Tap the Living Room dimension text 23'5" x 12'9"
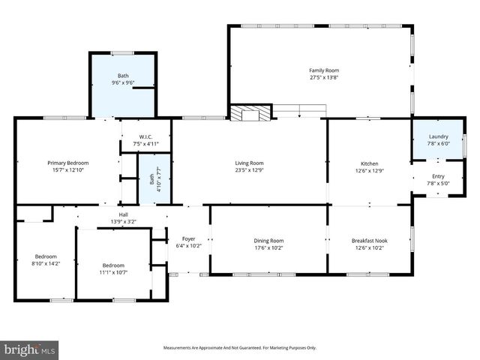click(x=250, y=169)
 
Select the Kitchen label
click(x=369, y=163)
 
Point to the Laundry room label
click(x=438, y=136)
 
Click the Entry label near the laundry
click(x=438, y=176)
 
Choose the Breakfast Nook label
click(x=369, y=241)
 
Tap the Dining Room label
click(x=268, y=241)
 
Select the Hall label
click(x=122, y=214)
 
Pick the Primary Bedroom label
click(x=67, y=163)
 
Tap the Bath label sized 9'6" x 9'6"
click(x=122, y=76)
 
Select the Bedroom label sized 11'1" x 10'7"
click(x=113, y=265)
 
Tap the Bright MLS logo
click(x=30, y=349)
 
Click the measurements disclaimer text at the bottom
click(x=240, y=348)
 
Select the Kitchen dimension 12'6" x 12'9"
click(x=369, y=170)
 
